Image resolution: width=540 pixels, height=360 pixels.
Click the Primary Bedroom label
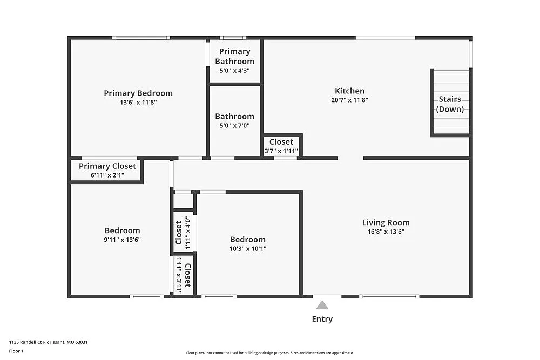click(138, 93)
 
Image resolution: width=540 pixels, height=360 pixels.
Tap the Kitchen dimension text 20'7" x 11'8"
click(349, 100)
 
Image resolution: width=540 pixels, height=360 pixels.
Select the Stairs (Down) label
click(450, 104)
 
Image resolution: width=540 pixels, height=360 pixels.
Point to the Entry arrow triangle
click(322, 305)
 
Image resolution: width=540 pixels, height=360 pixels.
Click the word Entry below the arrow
click(322, 319)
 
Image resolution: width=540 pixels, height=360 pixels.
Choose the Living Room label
click(386, 222)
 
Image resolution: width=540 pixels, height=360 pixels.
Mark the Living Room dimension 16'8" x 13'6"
click(386, 232)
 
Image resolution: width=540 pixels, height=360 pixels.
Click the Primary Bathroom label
click(234, 56)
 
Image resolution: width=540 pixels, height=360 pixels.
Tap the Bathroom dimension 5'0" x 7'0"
click(234, 126)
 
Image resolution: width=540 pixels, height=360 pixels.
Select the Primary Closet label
click(107, 166)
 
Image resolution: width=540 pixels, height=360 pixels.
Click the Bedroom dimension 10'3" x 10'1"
click(248, 249)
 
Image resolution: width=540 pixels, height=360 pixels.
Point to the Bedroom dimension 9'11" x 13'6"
click(123, 240)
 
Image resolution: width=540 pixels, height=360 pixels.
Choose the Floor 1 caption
click(16, 351)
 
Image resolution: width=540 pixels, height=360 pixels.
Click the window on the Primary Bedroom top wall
click(141, 38)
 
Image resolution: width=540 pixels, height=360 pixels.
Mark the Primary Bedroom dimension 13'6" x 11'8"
click(138, 103)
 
